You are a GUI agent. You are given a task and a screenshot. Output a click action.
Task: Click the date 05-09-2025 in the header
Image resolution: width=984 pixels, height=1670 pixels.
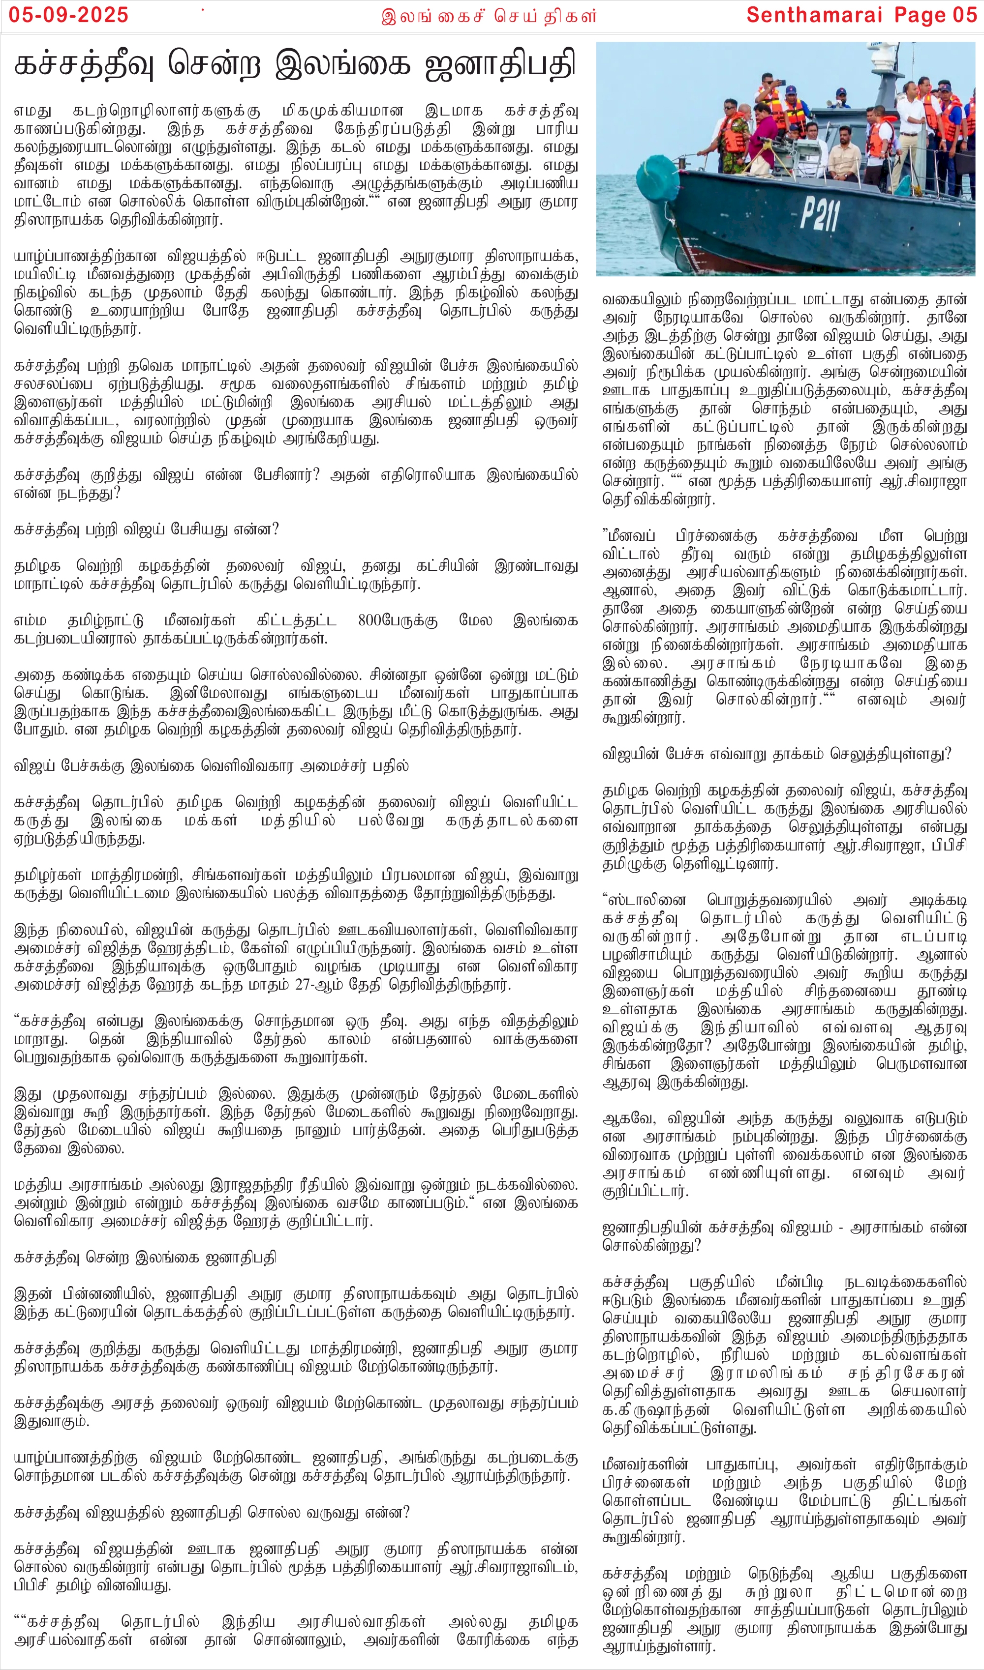[x=68, y=15]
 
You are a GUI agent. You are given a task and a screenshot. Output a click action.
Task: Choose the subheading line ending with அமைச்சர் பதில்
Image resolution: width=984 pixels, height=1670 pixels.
[x=212, y=766]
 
